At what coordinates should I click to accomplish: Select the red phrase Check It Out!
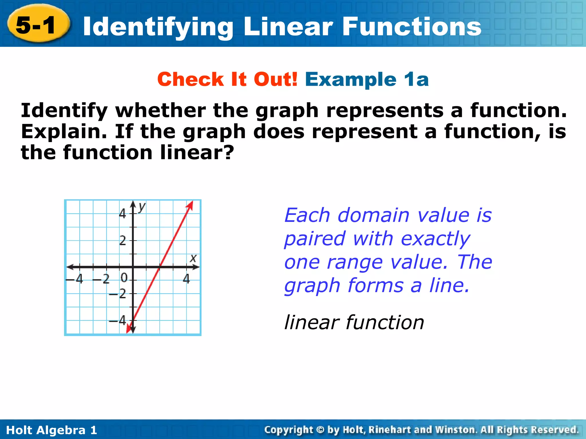pyautogui.click(x=227, y=79)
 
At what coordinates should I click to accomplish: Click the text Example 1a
pyautogui.click(x=367, y=79)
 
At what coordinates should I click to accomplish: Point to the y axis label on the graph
pyautogui.click(x=142, y=207)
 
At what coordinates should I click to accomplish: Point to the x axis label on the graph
pyautogui.click(x=193, y=258)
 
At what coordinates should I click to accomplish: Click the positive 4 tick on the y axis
pyautogui.click(x=122, y=213)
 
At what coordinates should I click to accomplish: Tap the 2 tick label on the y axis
pyautogui.click(x=122, y=241)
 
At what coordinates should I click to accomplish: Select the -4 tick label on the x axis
pyautogui.click(x=75, y=279)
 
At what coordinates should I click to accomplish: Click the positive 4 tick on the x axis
pyautogui.click(x=187, y=279)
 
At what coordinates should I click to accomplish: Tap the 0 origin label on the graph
pyautogui.click(x=124, y=278)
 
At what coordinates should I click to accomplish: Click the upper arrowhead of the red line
pyautogui.click(x=190, y=205)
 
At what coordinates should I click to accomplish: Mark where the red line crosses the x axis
pyautogui.click(x=160, y=267)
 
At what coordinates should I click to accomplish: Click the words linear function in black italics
pyautogui.click(x=354, y=322)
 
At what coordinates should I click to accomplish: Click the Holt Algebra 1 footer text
pyautogui.click(x=52, y=430)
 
